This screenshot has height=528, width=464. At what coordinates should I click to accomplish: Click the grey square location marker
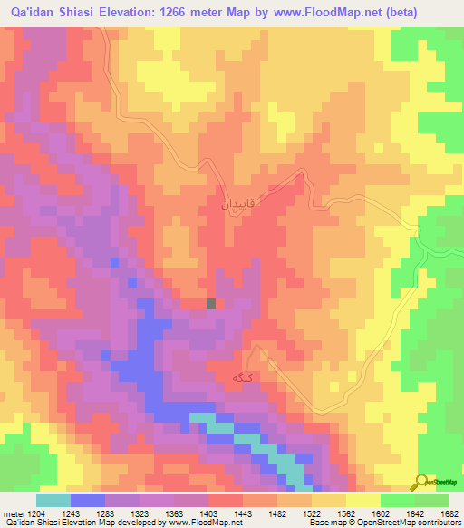tap(211, 304)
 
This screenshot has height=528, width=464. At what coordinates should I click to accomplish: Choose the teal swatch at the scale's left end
tap(53, 500)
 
